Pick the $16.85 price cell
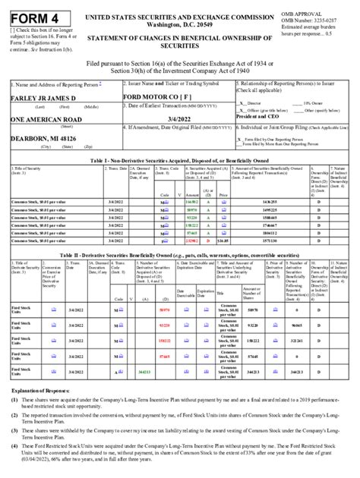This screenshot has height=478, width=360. pos(223,239)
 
